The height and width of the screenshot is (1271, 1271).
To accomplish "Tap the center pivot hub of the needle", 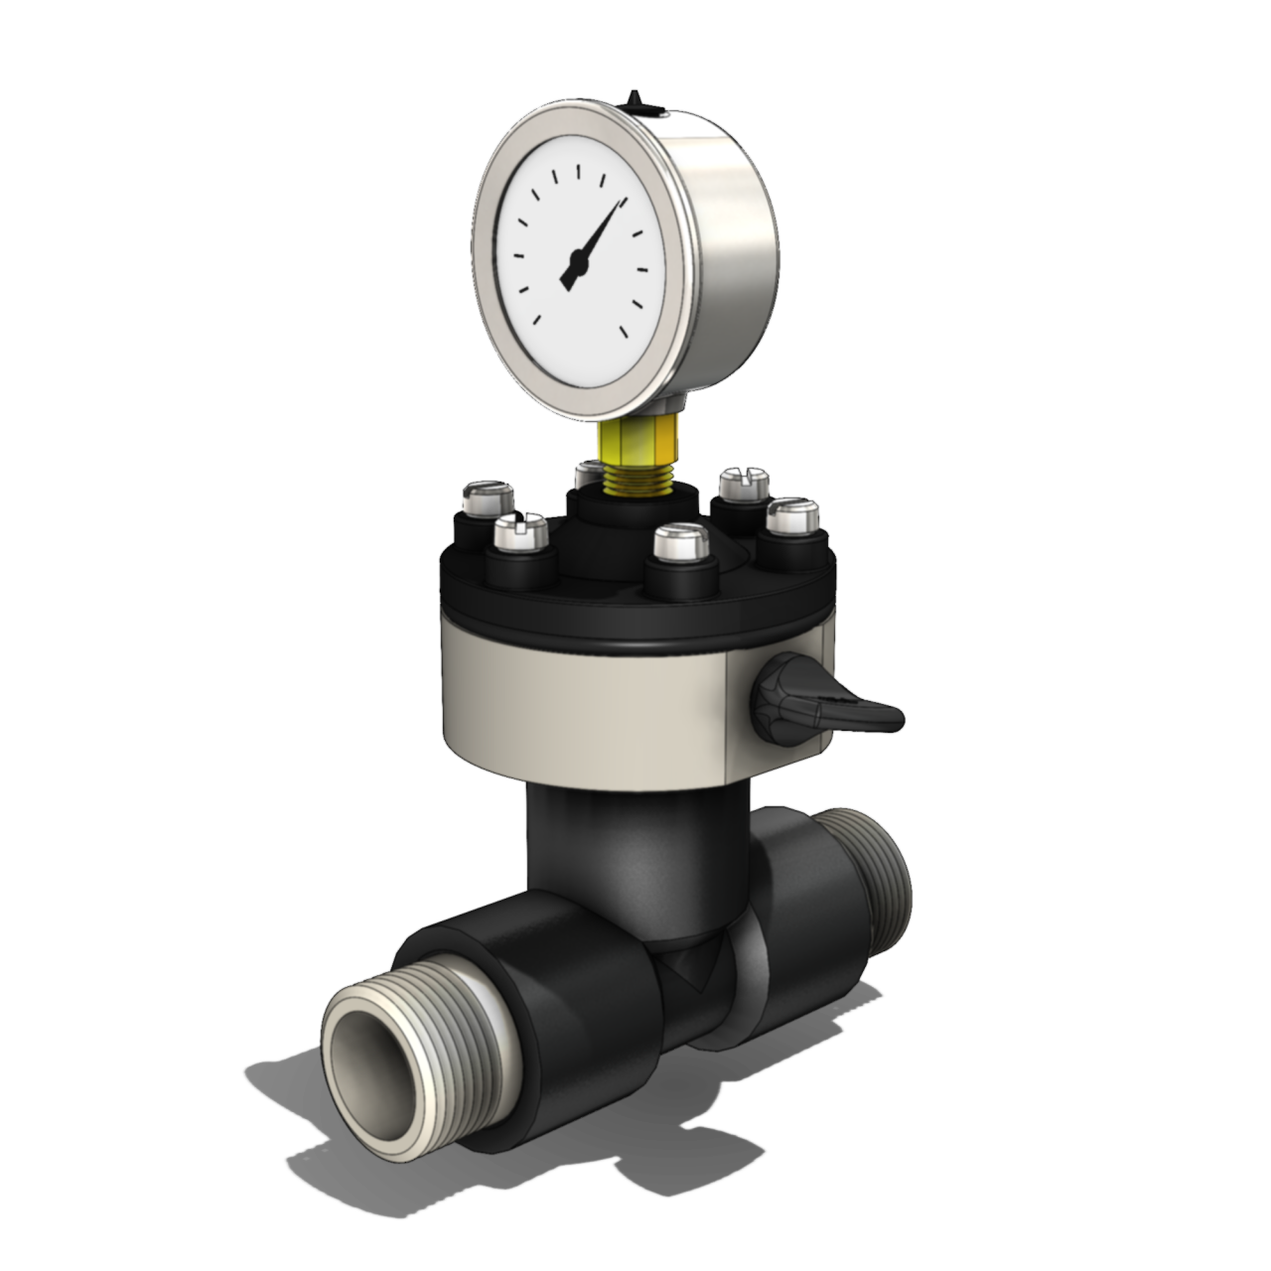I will [575, 263].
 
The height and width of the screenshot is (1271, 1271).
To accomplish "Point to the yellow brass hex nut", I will [637, 436].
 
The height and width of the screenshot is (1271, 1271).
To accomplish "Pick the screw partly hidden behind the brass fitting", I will [589, 469].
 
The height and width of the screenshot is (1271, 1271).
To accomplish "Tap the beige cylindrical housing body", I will [586, 705].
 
